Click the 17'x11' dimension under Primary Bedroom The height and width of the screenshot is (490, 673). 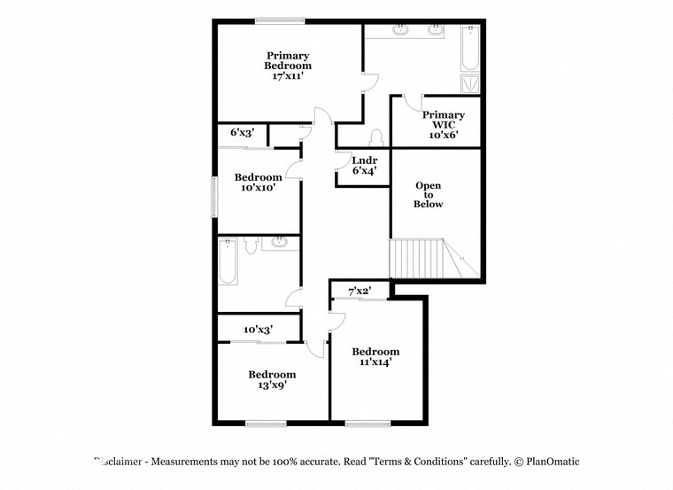(x=289, y=77)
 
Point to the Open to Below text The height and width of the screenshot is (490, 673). (x=429, y=195)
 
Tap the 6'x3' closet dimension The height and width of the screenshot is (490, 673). (x=242, y=133)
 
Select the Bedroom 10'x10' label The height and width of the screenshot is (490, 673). (x=259, y=183)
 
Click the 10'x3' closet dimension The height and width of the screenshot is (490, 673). (x=259, y=330)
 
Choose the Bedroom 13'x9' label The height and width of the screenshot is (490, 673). (x=271, y=379)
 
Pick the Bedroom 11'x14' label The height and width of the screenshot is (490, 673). (x=375, y=357)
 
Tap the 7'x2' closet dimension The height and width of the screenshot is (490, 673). (x=358, y=291)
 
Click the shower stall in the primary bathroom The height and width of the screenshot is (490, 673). (x=468, y=84)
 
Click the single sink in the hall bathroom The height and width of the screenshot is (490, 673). (x=279, y=242)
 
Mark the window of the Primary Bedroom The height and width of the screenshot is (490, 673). (x=280, y=20)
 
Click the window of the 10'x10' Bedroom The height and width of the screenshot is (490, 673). (x=213, y=195)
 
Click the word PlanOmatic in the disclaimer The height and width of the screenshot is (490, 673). (x=553, y=462)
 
